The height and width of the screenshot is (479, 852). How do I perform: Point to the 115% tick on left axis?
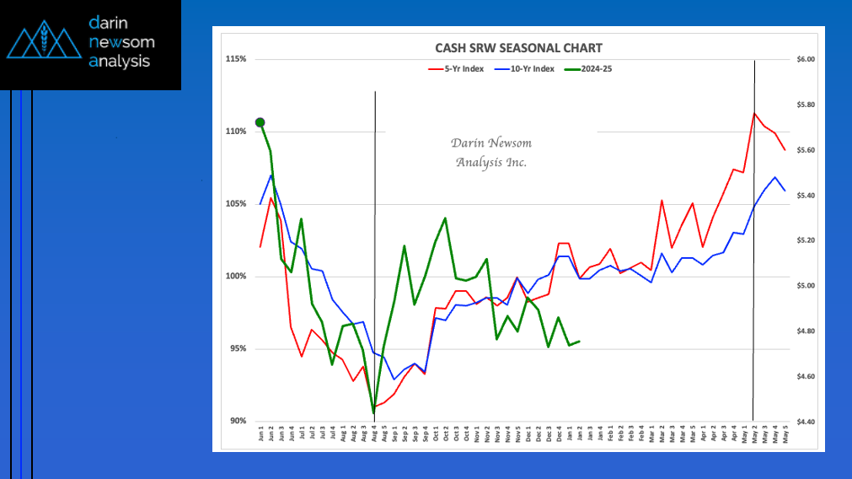[236, 59]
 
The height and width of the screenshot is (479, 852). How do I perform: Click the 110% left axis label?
[236, 132]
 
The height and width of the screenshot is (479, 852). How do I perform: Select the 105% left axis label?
[236, 204]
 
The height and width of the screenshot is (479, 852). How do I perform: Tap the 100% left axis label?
[236, 277]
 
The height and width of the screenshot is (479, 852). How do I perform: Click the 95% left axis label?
[237, 349]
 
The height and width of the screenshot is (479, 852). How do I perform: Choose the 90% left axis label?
[237, 422]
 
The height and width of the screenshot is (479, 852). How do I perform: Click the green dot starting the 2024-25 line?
[260, 123]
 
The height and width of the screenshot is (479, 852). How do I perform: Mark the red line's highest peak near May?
[754, 113]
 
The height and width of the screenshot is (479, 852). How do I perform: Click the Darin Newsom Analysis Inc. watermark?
[491, 153]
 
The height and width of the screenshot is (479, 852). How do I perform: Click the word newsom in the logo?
[121, 41]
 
